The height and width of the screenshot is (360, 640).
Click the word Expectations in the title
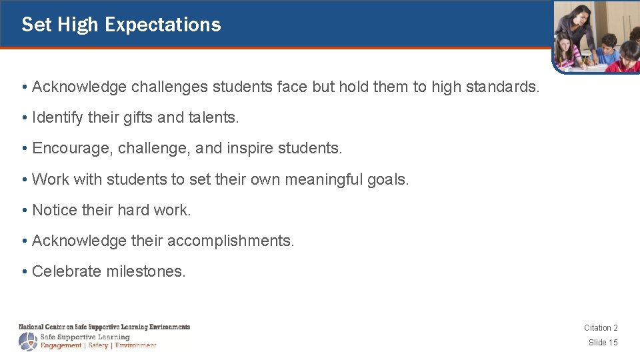[x=163, y=25]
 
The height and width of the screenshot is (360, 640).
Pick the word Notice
[x=55, y=210]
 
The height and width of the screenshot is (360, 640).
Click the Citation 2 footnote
[x=601, y=327]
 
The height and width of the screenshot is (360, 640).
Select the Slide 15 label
[x=603, y=343]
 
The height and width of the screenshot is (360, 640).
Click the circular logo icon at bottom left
[x=28, y=342]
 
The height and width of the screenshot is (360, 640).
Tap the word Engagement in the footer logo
[x=61, y=345]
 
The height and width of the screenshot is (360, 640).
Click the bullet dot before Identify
[x=24, y=118]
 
